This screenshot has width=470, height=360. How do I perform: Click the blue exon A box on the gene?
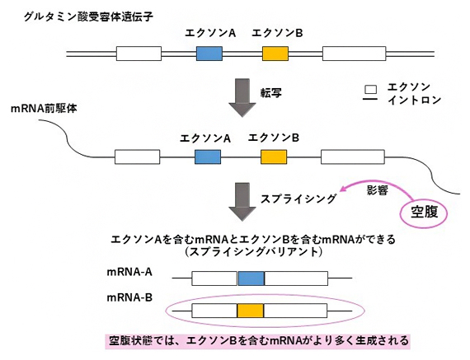pos(209,54)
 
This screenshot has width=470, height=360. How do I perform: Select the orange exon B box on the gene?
pos(275,54)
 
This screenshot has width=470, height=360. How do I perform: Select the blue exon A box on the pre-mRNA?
pos(206,157)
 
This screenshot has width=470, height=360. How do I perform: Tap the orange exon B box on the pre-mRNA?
pos(273,157)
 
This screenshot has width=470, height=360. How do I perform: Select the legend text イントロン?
pos(415,101)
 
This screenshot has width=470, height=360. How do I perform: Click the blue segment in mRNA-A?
pos(251,278)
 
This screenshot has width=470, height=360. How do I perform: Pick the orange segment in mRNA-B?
pos(250,311)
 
